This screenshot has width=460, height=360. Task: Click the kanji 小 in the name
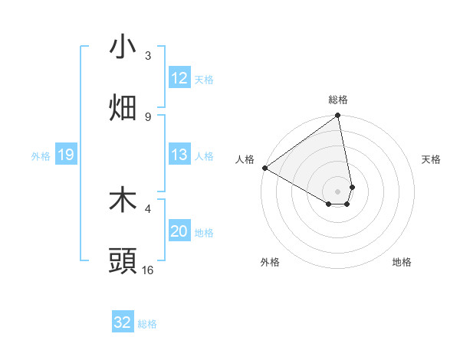tap(123, 47)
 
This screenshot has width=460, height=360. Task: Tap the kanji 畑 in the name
tap(123, 108)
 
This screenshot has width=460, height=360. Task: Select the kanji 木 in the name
tap(123, 201)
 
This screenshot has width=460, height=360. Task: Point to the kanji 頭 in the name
tap(123, 261)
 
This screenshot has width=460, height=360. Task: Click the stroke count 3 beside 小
tap(148, 56)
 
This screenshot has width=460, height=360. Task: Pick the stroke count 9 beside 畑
tap(148, 116)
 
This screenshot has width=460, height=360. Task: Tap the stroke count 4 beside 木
tap(148, 208)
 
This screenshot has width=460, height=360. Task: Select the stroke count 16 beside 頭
tap(148, 270)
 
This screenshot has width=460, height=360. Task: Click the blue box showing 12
tap(179, 78)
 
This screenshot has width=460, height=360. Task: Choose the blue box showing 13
tap(179, 155)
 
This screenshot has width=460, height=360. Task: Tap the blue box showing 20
tap(179, 231)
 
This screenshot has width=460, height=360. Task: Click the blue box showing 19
tap(65, 155)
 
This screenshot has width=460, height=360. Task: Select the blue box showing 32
tap(123, 322)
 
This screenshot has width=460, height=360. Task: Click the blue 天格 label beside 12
tap(203, 80)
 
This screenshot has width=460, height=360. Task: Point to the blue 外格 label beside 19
tap(41, 156)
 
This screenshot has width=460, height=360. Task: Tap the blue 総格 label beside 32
tap(147, 324)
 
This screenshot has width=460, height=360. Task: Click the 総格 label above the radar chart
tap(338, 100)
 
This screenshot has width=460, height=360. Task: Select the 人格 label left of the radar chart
tap(245, 159)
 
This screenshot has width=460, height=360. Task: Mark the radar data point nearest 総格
tap(338, 116)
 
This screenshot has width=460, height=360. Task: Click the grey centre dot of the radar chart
tap(338, 190)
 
